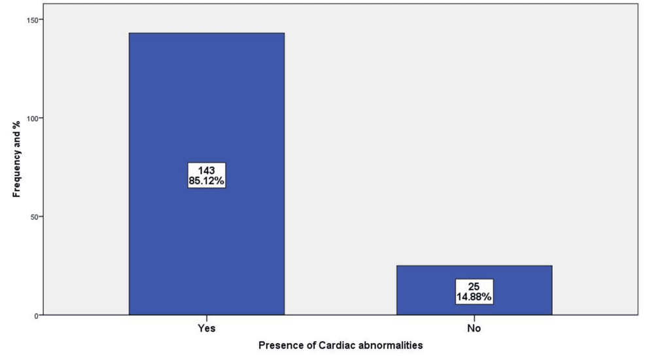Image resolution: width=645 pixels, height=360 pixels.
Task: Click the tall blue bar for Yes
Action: coord(207,174)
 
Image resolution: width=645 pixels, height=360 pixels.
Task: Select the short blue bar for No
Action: coord(474,291)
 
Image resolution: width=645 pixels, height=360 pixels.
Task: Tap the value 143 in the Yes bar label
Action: coord(207,170)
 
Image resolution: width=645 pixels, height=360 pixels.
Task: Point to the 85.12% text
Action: coord(207,181)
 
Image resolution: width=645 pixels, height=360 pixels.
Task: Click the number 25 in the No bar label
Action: coord(474,287)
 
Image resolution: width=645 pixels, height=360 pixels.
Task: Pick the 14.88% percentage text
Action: coord(474,297)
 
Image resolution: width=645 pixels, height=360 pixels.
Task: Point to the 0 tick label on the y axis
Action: coord(36,315)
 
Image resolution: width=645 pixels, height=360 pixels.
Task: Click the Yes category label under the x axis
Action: coord(207,329)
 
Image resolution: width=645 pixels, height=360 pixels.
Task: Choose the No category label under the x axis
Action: coord(474,329)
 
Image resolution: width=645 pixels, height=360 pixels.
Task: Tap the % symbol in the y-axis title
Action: coord(16,124)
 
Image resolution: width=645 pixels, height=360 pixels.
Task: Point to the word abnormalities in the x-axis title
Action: coord(391,345)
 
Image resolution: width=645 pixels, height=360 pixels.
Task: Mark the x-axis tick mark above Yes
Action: coord(207,318)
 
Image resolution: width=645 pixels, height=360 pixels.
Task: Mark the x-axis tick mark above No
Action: coord(474,318)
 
